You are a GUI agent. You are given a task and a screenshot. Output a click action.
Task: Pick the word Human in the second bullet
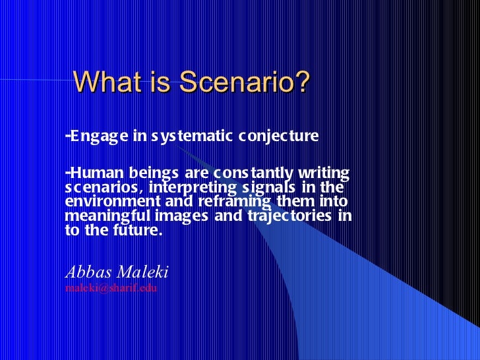[x=92, y=173]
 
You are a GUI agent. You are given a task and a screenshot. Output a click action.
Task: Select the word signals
[x=272, y=187]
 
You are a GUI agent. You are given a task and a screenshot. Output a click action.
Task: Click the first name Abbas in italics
[x=88, y=272]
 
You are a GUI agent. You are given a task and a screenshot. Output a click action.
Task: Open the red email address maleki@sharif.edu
[x=111, y=289]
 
